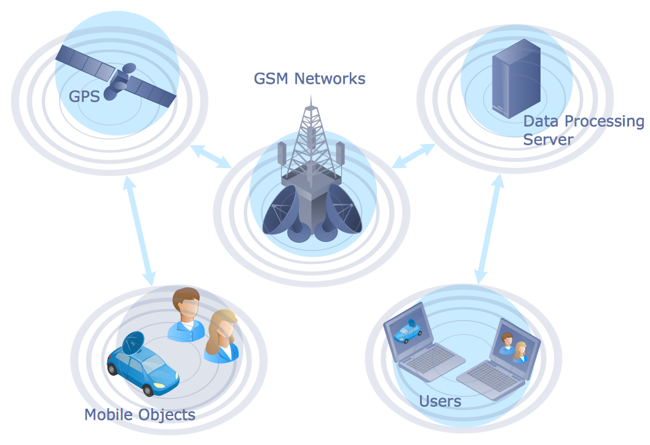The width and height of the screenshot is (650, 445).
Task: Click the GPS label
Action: (84, 97)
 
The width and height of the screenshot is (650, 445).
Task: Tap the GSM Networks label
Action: (309, 79)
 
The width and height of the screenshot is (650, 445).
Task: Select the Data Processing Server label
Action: (582, 130)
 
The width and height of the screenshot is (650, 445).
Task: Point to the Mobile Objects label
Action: (140, 414)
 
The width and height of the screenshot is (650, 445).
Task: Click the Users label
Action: (440, 402)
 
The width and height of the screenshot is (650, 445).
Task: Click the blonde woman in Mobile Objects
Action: (222, 336)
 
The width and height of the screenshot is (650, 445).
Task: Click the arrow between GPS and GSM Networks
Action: (211, 156)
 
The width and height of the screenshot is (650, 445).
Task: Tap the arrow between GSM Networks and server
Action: (413, 155)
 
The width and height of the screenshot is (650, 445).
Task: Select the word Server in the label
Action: (548, 139)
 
